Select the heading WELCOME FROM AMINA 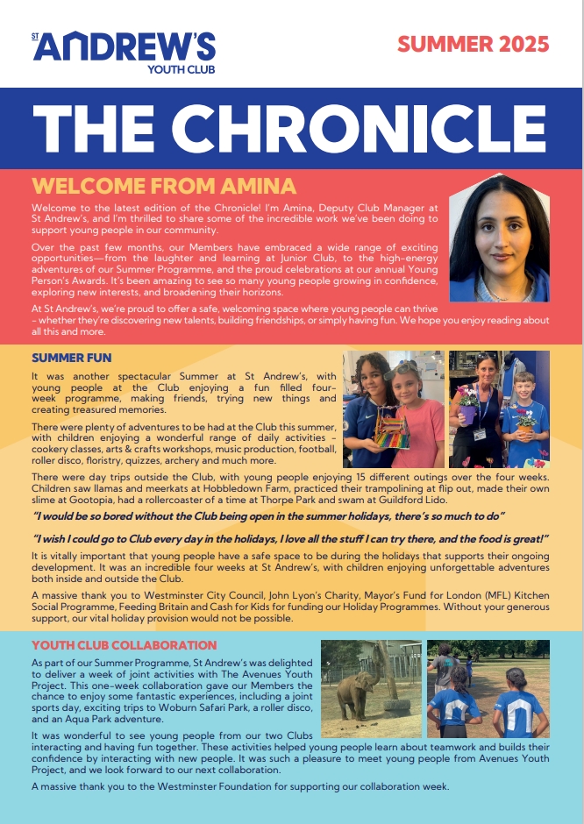pos(164,187)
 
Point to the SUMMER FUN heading pos(71,358)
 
